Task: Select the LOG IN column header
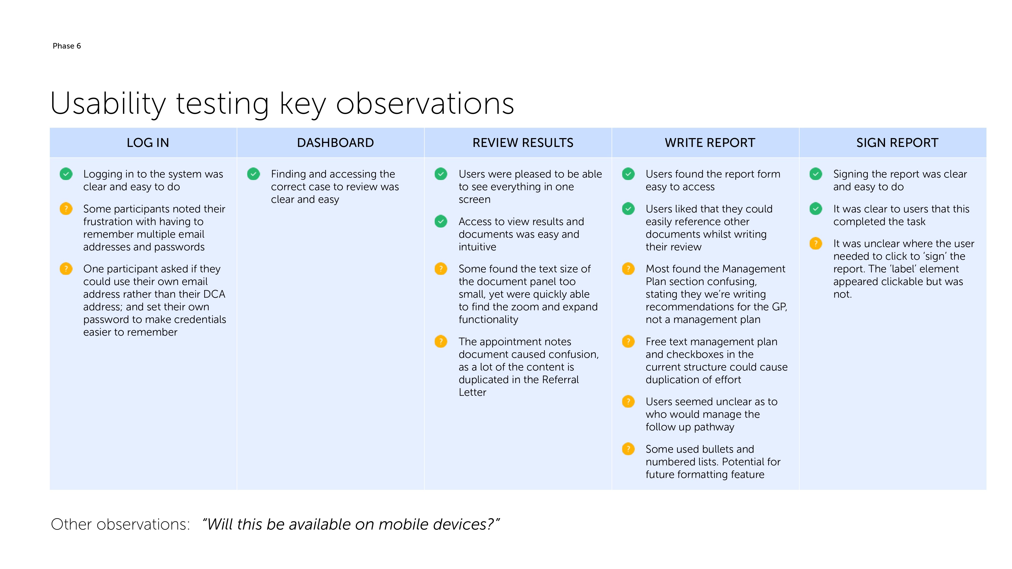[148, 143]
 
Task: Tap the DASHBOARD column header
[335, 143]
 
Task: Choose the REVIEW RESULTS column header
[522, 143]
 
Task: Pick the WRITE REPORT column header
[709, 143]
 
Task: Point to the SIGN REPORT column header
[897, 143]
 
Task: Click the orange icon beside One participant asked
[66, 269]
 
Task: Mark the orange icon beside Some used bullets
[628, 449]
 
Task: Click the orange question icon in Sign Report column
[816, 244]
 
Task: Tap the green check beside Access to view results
[441, 222]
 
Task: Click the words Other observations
[120, 524]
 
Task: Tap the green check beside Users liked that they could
[628, 209]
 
